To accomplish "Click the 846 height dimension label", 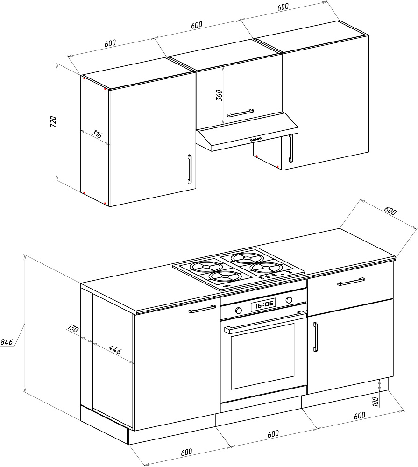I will [7, 342].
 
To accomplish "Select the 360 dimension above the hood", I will [219, 94].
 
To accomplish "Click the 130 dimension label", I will [72, 328].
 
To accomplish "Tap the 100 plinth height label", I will [375, 402].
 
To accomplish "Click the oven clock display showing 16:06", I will [263, 305].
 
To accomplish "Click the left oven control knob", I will [239, 311].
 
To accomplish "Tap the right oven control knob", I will [289, 299].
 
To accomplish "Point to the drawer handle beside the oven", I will [351, 281].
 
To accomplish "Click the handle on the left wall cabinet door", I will [189, 170].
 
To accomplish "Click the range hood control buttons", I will [256, 139].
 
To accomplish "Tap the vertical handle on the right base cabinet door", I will [316, 337].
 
